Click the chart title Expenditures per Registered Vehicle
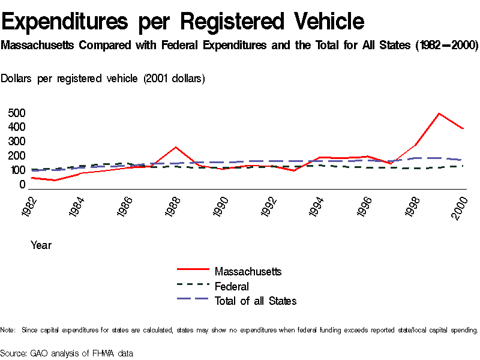[x=183, y=22]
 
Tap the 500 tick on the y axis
[x=17, y=113]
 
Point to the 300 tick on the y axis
[x=17, y=142]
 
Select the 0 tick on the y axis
[x=22, y=185]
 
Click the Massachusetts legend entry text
[x=248, y=272]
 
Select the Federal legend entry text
[x=232, y=286]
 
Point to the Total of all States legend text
[x=256, y=301]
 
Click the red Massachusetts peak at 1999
[x=439, y=113]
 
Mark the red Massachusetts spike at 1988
[x=175, y=147]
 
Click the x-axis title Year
[x=41, y=245]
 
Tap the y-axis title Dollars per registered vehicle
[x=103, y=79]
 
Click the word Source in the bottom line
[x=13, y=353]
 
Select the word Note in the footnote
[x=7, y=330]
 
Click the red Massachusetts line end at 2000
[x=463, y=129]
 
